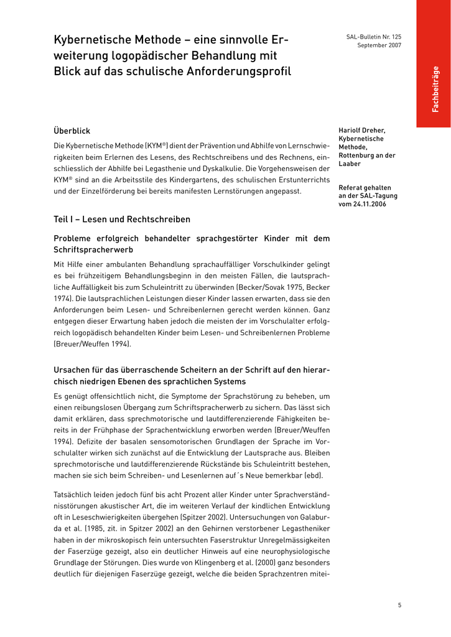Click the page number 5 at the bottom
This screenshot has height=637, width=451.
pos(399,605)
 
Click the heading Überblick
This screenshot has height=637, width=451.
pos(72,131)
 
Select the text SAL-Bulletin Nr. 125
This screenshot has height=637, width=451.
pos(373,37)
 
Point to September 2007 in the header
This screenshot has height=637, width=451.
pos(379,46)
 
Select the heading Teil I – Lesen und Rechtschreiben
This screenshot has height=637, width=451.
pos(122,220)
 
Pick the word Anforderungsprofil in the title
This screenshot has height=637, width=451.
pos(239,72)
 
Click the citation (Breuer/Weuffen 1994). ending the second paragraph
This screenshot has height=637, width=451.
pos(93,344)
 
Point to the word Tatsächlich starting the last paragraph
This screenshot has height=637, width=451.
pos(73,495)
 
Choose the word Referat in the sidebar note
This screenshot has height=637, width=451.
pos(351,187)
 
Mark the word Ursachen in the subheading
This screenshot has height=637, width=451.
pos(72,370)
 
